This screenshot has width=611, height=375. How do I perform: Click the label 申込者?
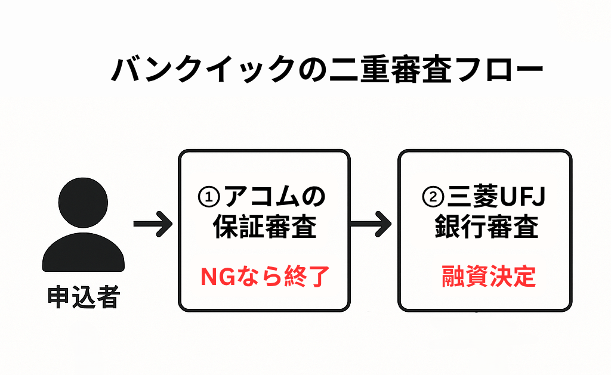pyautogui.click(x=84, y=297)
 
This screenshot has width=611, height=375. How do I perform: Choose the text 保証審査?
pyautogui.click(x=265, y=228)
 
